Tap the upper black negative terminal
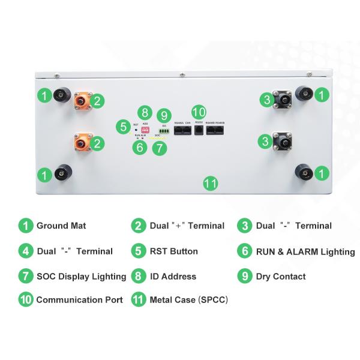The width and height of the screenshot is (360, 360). (x=280, y=98)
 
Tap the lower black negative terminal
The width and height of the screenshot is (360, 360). (x=280, y=142)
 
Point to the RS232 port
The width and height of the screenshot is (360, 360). (x=199, y=130)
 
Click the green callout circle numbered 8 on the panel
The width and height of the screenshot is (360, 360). (x=144, y=113)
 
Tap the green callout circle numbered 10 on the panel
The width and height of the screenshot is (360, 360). (x=199, y=112)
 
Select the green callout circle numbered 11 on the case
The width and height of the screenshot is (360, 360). (x=210, y=184)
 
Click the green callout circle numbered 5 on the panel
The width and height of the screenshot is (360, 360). (x=124, y=127)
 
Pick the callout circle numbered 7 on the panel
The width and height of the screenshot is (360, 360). (x=159, y=148)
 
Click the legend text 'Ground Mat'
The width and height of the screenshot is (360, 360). (x=61, y=226)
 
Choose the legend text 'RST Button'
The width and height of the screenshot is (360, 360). (x=173, y=251)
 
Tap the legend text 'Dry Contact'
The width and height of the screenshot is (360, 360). (x=280, y=277)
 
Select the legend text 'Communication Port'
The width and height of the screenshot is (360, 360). (x=79, y=299)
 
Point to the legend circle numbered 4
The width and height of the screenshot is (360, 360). (x=25, y=251)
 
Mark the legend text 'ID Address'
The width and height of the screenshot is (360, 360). (x=173, y=277)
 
